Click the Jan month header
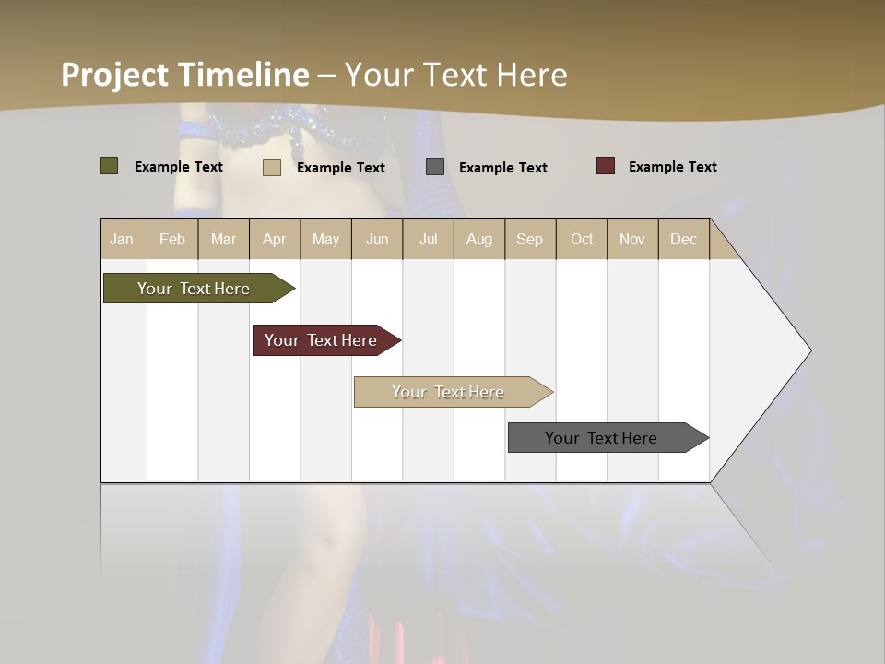(x=122, y=239)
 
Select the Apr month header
(x=274, y=239)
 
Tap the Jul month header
(x=428, y=239)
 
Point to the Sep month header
(x=529, y=239)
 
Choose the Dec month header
(x=683, y=239)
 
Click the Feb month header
(x=172, y=239)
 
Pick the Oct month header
(x=582, y=239)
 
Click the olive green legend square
(x=110, y=166)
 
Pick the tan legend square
(x=272, y=167)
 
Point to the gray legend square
(x=435, y=167)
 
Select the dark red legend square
(x=606, y=166)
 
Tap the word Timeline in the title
(x=243, y=75)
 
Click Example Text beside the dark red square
(x=672, y=167)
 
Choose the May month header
(x=325, y=239)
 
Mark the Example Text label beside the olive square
(x=179, y=167)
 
